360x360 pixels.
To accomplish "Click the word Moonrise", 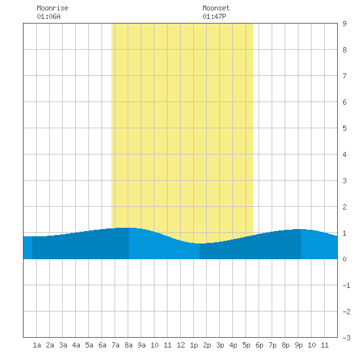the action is coord(52,8).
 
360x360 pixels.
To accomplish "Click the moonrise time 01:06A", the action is coord(48,16).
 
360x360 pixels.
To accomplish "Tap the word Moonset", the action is coord(216,8).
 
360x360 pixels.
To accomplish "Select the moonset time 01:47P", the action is coord(214,16).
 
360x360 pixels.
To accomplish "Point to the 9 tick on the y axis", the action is coord(344,24).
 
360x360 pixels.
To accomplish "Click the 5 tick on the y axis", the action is coord(344,128).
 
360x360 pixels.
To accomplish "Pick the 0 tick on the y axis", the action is coord(344,259).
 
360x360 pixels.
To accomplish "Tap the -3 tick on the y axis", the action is coord(347,338).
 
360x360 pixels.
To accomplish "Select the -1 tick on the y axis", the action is coord(347,285).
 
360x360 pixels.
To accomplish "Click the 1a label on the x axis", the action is coord(37,345).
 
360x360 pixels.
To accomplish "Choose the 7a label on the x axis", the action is coord(115,345).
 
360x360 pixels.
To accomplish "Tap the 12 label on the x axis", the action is coord(181,345).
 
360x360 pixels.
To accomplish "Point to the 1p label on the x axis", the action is coord(194,345).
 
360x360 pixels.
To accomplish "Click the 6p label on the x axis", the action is coord(259,345).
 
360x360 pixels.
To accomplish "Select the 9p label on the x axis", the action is coord(298,345).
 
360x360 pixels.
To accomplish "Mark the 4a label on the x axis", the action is coord(76,345).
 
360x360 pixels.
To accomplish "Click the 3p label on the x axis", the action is coord(220,345).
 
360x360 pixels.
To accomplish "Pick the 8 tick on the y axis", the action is coord(344,50).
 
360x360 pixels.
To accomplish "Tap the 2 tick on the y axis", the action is coord(344,207).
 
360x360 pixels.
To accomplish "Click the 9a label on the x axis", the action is coord(141,345).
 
